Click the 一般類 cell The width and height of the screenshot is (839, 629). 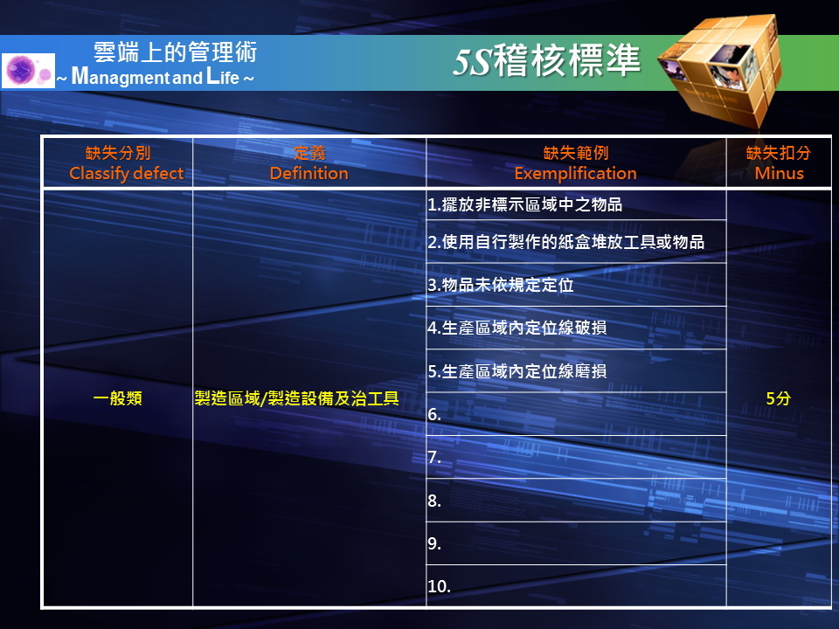(118, 398)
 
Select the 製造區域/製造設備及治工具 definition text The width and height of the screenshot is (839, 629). (297, 398)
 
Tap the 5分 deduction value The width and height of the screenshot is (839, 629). (779, 398)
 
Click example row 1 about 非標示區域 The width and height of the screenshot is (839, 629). (525, 204)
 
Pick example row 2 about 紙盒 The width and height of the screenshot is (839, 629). (566, 242)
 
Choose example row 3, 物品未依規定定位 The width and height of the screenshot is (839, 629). (501, 285)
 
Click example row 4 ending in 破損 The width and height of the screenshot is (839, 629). (517, 328)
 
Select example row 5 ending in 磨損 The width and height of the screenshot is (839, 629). (517, 370)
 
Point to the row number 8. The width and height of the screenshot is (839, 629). (434, 501)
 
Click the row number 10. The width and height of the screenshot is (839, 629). (439, 586)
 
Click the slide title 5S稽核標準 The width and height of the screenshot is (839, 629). (546, 60)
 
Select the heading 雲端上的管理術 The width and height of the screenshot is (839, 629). (176, 52)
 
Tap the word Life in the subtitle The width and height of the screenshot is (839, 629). (223, 77)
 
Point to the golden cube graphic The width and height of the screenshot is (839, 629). (719, 70)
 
